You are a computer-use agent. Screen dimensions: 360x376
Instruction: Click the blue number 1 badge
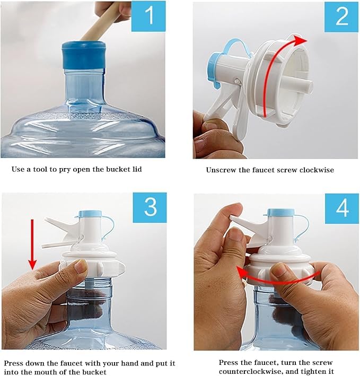[148, 16]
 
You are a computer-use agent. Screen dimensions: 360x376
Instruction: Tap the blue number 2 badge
[341, 16]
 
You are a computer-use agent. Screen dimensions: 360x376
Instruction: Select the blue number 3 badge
[150, 208]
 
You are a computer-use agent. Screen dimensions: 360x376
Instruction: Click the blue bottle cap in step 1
[84, 55]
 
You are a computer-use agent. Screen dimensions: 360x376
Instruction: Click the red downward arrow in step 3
[32, 244]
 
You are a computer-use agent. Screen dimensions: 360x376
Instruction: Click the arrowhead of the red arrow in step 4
[241, 273]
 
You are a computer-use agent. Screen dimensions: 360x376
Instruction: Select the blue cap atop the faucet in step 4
[280, 212]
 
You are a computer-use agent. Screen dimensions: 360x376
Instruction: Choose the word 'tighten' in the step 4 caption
[311, 372]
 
